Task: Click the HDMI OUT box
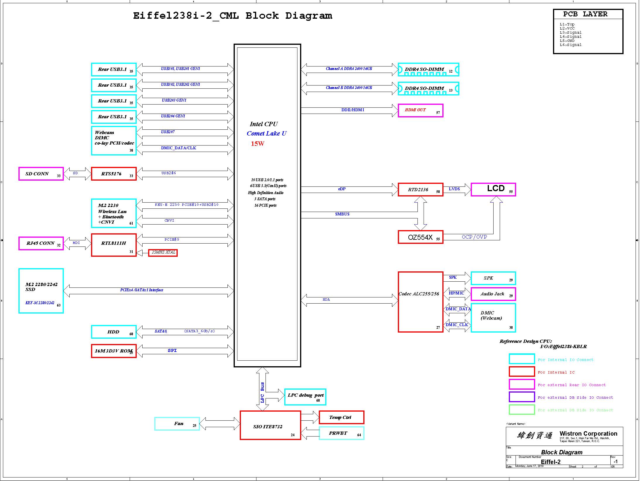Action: [420, 111]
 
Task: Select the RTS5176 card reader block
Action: [114, 174]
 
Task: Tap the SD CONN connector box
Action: [41, 174]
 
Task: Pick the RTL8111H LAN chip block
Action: [114, 245]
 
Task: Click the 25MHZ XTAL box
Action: [163, 253]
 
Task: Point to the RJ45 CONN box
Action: [41, 244]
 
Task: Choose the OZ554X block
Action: [420, 237]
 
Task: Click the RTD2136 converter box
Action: [420, 190]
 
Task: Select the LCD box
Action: [493, 189]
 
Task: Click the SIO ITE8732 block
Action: [270, 425]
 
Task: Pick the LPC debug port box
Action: [305, 397]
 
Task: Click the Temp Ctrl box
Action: [341, 417]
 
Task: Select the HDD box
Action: [114, 332]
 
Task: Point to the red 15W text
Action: [258, 144]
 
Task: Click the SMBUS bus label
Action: [342, 214]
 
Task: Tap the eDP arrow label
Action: [342, 189]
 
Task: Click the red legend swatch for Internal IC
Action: [522, 372]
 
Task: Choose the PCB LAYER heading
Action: [585, 14]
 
